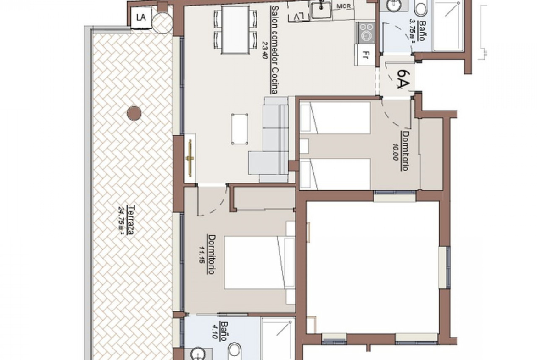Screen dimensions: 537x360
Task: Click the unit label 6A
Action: point(403,79)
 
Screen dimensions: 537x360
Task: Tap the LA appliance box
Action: point(141,18)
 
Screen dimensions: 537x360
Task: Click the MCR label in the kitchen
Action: point(343,6)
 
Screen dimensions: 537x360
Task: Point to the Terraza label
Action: point(130,221)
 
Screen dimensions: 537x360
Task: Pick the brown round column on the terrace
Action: point(134,113)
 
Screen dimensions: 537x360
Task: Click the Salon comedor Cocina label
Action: point(274,49)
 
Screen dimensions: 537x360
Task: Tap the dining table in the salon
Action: point(235,30)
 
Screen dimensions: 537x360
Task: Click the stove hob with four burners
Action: point(367,33)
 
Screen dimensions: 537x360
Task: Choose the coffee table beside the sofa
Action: point(240,129)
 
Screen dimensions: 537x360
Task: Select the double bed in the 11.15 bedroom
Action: point(260,262)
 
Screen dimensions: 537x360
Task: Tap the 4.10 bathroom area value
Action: point(215,331)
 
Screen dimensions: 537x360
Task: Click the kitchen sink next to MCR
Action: point(321,9)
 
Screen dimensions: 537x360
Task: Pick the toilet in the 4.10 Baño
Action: point(235,351)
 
